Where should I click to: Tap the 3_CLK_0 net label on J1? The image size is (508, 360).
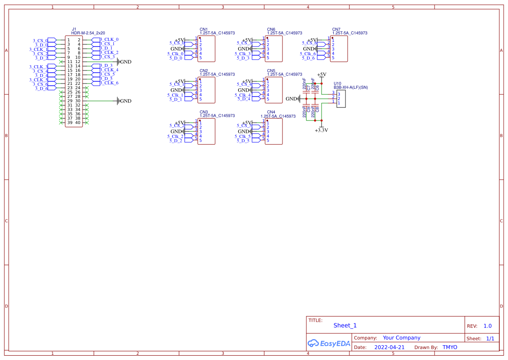pyautogui.click(x=110, y=40)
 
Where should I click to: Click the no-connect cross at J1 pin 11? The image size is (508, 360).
pyautogui.click(x=60, y=62)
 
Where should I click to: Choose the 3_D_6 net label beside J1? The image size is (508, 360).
pyautogui.click(x=41, y=88)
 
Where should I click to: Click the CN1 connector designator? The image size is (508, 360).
pyautogui.click(x=204, y=29)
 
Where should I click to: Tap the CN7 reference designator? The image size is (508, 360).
pyautogui.click(x=336, y=29)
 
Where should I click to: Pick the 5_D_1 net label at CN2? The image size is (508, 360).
pyautogui.click(x=175, y=100)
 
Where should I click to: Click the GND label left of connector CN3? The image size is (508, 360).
pyautogui.click(x=176, y=131)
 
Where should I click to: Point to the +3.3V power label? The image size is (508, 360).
pyautogui.click(x=321, y=130)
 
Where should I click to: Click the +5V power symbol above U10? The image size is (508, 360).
pyautogui.click(x=322, y=75)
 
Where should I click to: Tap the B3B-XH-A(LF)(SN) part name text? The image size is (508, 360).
pyautogui.click(x=351, y=87)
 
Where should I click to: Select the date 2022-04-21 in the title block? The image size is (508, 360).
pyautogui.click(x=389, y=347)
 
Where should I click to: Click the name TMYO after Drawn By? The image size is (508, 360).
pyautogui.click(x=450, y=347)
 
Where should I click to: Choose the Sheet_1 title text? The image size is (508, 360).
pyautogui.click(x=345, y=325)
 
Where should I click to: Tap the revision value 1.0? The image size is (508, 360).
pyautogui.click(x=488, y=326)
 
